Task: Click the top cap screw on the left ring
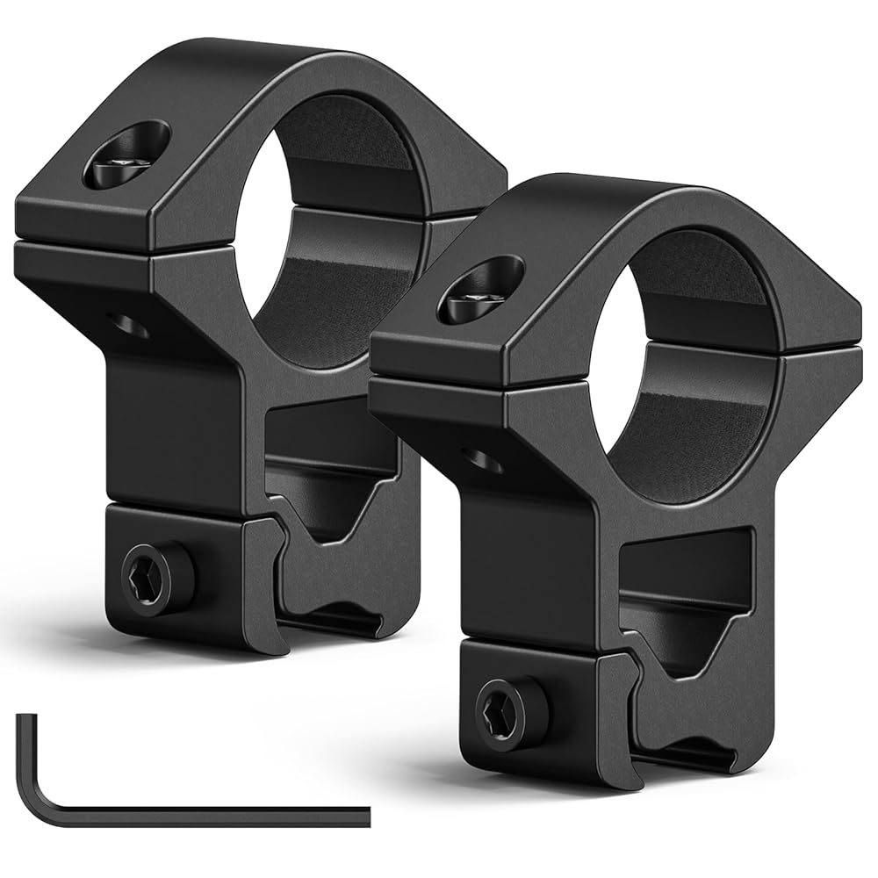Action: click(128, 155)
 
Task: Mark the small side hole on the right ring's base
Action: click(483, 458)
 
